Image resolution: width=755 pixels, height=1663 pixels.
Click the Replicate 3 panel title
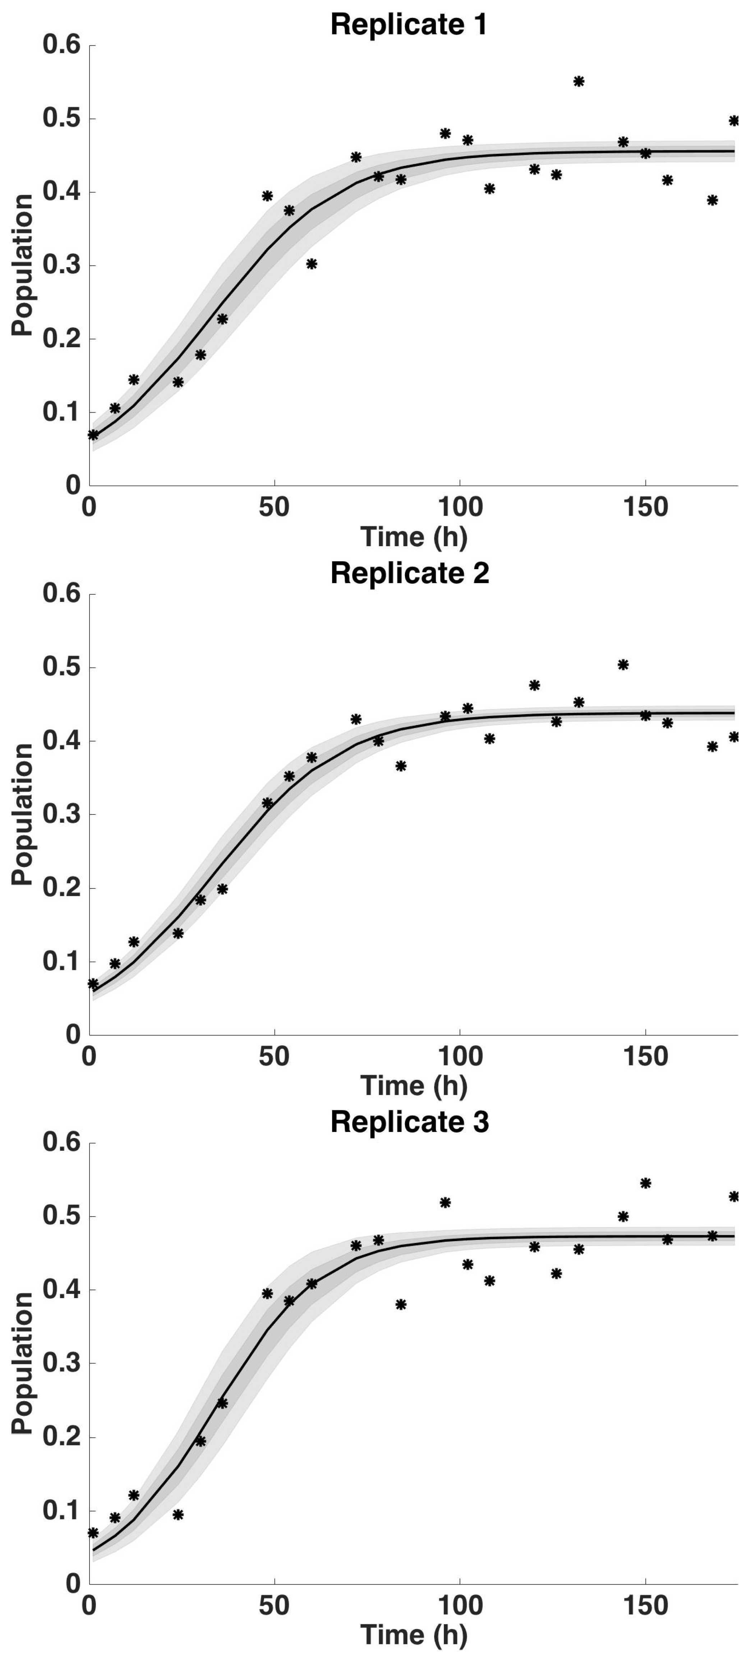(x=409, y=1123)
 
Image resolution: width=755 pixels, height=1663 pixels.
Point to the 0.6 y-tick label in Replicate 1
(x=61, y=45)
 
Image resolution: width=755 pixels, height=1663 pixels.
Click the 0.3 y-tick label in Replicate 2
(x=61, y=815)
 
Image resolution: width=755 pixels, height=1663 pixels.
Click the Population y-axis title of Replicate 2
(x=23, y=814)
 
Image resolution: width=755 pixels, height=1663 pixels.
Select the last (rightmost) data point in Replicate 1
(x=734, y=121)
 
